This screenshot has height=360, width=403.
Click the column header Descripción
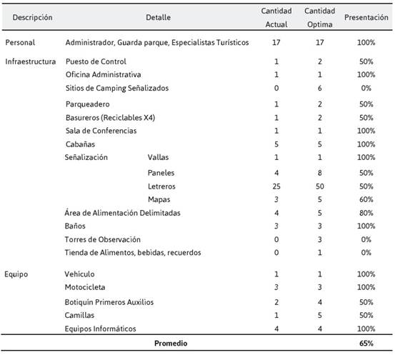tap(32, 17)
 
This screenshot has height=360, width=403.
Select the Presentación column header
tap(367, 17)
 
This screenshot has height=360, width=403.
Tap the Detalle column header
tap(158, 17)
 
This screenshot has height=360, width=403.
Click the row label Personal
tap(20, 42)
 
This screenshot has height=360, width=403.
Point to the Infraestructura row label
tap(30, 61)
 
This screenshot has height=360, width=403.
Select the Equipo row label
tap(16, 274)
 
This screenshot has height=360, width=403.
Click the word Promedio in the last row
tap(171, 344)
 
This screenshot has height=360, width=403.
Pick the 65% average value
tap(367, 344)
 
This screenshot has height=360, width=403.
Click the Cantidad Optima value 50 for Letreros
tap(319, 186)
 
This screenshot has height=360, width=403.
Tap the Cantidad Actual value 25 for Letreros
tap(277, 186)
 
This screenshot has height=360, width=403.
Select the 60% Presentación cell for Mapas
tap(367, 199)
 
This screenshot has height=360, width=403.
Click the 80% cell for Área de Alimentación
tap(367, 213)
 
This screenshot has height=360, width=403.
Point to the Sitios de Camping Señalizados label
tap(117, 88)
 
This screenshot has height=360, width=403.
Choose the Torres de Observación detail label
tap(103, 239)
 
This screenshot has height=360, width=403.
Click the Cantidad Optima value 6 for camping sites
tap(319, 88)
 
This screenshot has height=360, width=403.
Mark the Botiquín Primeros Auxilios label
tap(109, 302)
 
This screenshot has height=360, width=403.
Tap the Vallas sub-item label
tap(158, 157)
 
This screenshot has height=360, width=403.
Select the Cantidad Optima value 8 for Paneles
tap(319, 173)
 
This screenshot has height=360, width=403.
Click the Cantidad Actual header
tap(277, 17)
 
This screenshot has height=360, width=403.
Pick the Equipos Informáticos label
tap(100, 329)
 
